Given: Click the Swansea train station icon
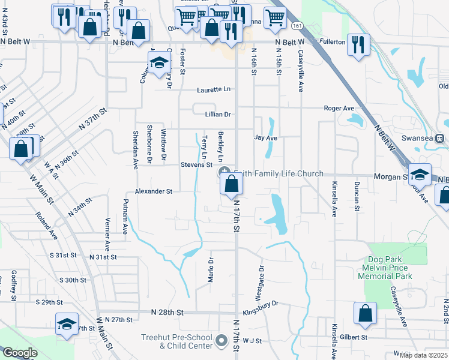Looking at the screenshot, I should (x=440, y=138).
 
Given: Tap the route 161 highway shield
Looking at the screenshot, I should (x=297, y=26).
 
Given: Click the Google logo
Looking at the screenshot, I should (x=19, y=353).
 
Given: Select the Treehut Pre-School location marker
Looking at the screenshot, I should (x=220, y=341).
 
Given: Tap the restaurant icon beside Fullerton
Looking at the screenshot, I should (x=358, y=46).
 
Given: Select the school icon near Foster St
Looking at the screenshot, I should (x=160, y=64).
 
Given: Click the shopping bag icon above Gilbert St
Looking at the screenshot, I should (x=366, y=314).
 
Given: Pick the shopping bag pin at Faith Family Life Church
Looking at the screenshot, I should (x=232, y=185).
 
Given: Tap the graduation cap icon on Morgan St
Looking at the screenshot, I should (x=420, y=175).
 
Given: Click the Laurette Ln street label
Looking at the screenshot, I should (x=214, y=90).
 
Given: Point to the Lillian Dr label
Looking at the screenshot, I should (x=218, y=114).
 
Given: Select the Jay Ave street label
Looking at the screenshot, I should (x=265, y=138).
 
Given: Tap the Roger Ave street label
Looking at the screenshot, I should (x=339, y=109).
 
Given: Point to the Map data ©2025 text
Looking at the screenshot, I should (x=424, y=355).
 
